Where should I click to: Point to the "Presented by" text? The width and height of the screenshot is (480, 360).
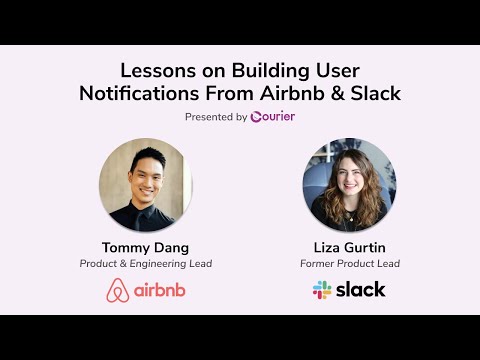click(x=216, y=117)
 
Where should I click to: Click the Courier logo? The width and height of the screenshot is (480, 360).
click(x=273, y=117)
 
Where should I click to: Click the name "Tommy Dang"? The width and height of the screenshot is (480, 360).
click(x=145, y=246)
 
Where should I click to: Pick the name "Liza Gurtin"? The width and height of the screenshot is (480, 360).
click(x=350, y=246)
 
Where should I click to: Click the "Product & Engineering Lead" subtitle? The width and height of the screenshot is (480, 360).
click(x=145, y=264)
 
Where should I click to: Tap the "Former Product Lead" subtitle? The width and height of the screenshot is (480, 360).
click(x=350, y=264)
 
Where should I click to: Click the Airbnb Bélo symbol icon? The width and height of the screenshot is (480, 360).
click(x=117, y=290)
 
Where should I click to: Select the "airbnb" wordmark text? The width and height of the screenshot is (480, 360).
click(x=159, y=291)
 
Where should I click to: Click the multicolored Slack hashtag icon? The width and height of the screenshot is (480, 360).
click(x=322, y=290)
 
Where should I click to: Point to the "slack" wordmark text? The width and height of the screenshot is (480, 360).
click(x=362, y=290)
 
